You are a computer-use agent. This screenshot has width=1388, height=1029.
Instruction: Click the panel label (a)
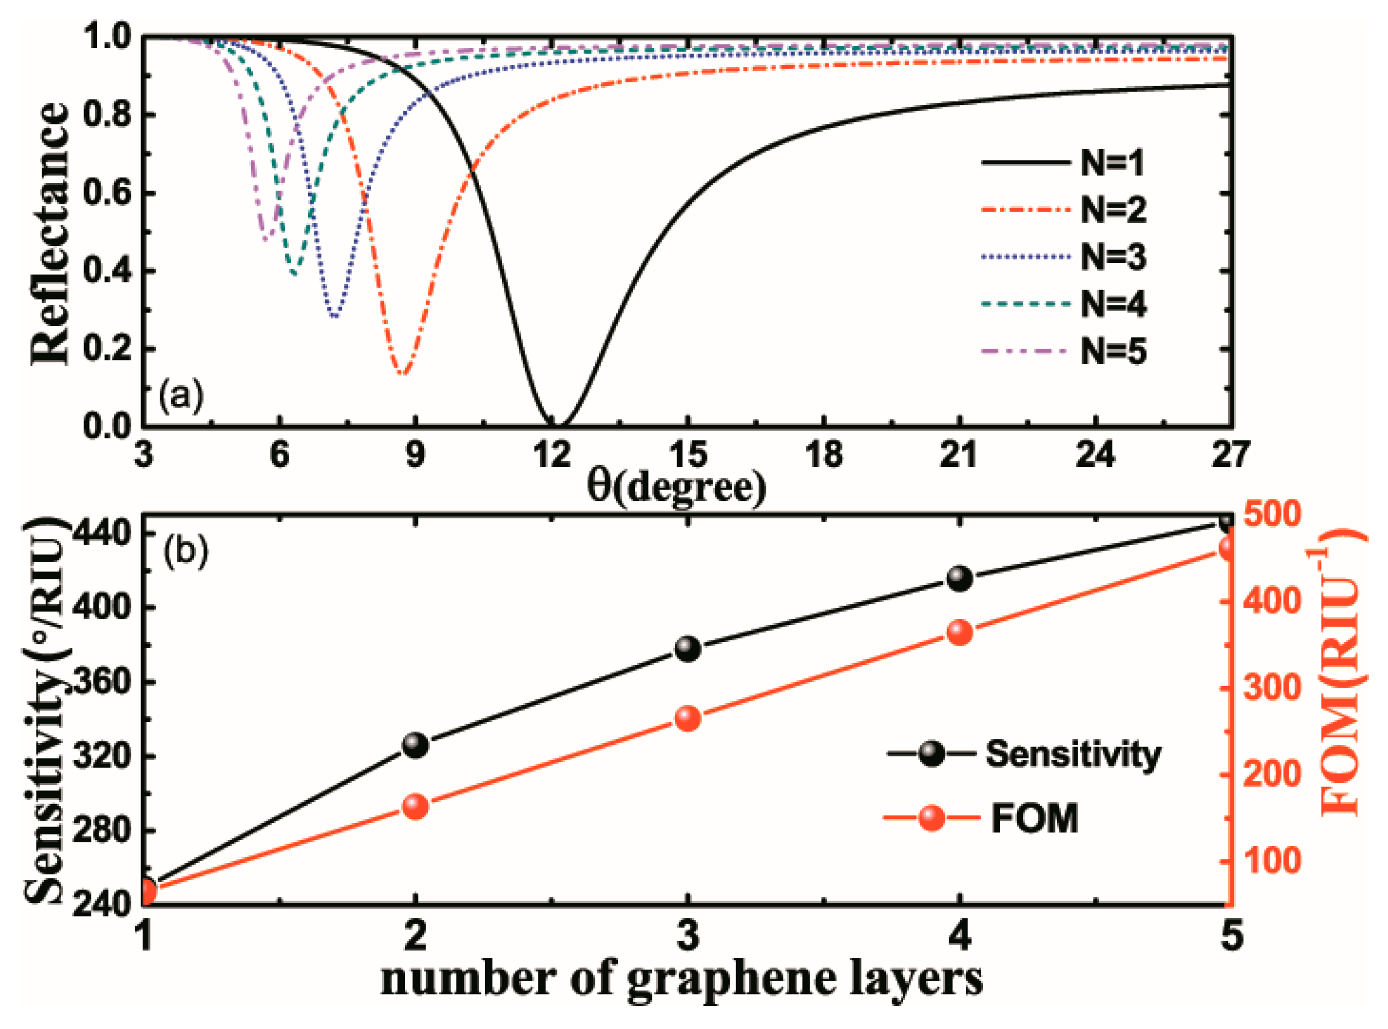click(x=181, y=396)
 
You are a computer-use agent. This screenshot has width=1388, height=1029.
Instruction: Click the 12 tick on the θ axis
click(x=552, y=455)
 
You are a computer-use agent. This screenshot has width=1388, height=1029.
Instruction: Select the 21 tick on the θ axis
click(x=959, y=455)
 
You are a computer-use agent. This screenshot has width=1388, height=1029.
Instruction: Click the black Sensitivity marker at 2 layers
click(x=415, y=745)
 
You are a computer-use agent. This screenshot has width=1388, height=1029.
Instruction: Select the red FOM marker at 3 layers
click(x=688, y=719)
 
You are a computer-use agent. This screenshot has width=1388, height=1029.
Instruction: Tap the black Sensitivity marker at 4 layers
click(x=960, y=579)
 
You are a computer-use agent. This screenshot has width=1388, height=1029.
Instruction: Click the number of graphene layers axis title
click(x=682, y=980)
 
